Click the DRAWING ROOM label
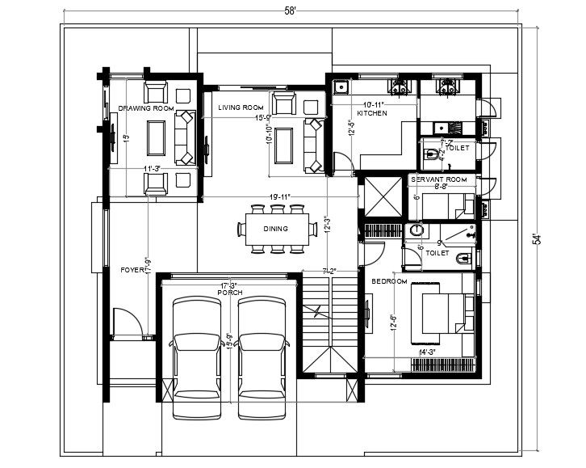146,108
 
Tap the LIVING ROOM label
241,108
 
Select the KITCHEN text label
373,114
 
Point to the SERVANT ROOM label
439,179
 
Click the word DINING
275,229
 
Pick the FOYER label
132,270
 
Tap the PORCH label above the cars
230,293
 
